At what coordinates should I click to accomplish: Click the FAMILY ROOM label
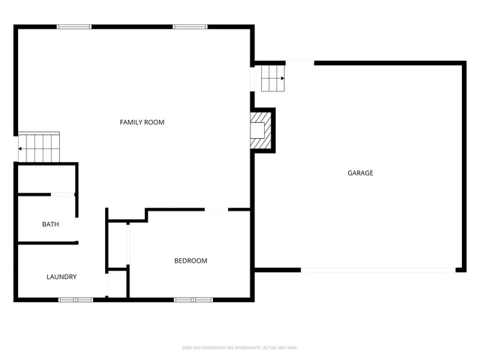(142, 122)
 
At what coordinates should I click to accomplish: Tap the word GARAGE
(360, 173)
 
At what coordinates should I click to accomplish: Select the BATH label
(50, 224)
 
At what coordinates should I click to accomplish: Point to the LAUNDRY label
(61, 277)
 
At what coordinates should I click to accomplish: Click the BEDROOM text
(190, 261)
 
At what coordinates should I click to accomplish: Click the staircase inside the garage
(273, 78)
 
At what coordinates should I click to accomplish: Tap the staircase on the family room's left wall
(39, 147)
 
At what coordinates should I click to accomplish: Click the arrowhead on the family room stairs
(20, 148)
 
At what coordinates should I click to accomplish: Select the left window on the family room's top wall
(74, 27)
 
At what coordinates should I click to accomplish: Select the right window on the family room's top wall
(190, 27)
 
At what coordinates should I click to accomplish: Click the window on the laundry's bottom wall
(76, 300)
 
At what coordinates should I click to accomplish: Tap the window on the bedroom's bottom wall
(193, 300)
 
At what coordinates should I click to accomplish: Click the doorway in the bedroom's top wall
(217, 210)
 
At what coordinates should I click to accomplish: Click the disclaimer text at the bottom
(240, 347)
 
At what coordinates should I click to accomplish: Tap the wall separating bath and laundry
(46, 242)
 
